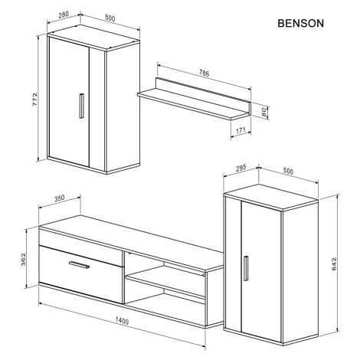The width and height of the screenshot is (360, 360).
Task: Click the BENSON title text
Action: click(x=300, y=23)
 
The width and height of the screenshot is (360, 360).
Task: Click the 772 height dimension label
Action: click(x=34, y=100)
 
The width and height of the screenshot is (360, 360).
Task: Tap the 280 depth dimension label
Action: click(x=64, y=15)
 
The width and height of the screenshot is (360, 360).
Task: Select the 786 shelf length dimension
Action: click(x=204, y=74)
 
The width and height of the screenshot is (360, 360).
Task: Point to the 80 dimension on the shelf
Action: click(x=263, y=112)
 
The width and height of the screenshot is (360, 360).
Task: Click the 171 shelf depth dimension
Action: click(x=241, y=131)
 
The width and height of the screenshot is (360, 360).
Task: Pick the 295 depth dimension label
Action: click(x=241, y=168)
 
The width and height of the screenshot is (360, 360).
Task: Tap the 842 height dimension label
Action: click(x=334, y=264)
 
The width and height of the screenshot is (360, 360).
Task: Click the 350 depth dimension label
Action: click(x=60, y=198)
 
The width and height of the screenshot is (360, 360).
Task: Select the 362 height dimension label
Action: click(x=23, y=259)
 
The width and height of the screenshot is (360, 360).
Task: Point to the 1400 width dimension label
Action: click(x=122, y=321)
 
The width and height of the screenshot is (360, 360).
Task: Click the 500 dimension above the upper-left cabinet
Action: click(x=110, y=18)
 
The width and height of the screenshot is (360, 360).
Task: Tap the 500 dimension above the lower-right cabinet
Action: click(x=288, y=172)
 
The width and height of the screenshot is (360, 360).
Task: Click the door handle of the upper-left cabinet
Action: click(x=81, y=106)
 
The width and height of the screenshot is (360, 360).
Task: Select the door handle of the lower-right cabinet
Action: click(x=246, y=268)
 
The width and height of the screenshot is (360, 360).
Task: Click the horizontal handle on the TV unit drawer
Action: click(x=79, y=265)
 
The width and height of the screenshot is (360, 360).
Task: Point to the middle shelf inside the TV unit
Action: click(x=165, y=281)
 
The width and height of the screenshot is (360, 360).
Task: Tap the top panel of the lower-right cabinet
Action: click(x=270, y=197)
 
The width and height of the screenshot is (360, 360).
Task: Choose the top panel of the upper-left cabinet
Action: click(x=93, y=38)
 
